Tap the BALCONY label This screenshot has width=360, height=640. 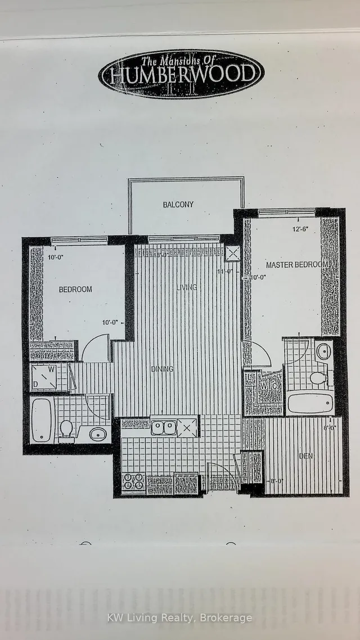[178, 204]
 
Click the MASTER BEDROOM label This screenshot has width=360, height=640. [297, 265]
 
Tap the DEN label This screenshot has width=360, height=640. [306, 456]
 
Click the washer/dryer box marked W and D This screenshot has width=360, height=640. [43, 377]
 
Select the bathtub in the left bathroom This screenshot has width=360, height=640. [42, 420]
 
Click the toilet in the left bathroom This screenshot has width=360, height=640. [66, 429]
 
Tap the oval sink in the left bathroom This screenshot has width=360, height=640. [98, 434]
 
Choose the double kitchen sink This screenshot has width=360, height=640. [164, 428]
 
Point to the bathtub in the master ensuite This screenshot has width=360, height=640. [310, 403]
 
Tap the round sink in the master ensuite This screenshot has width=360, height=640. [323, 351]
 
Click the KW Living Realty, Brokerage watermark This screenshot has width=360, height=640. [180, 618]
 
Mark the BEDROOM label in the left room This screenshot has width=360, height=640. [75, 290]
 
